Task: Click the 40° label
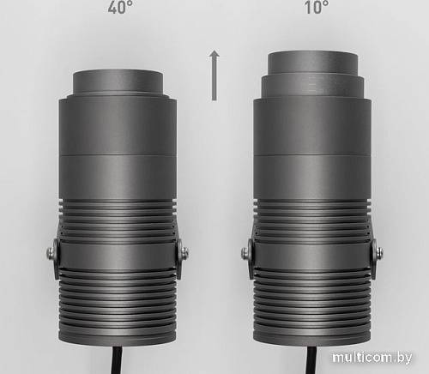(x=119, y=9)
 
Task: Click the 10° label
(x=315, y=9)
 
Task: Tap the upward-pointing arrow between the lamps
(x=214, y=75)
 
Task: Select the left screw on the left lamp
(x=52, y=252)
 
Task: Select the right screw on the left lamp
(x=184, y=252)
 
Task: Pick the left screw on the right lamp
(x=247, y=252)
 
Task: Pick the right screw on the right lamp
(x=378, y=252)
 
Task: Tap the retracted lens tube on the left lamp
(x=118, y=82)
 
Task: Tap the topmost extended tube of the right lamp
(x=312, y=63)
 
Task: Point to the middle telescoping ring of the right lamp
(x=312, y=86)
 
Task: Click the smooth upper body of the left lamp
(x=118, y=146)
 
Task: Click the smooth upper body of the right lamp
(x=312, y=146)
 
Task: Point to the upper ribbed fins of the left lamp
(x=118, y=219)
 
